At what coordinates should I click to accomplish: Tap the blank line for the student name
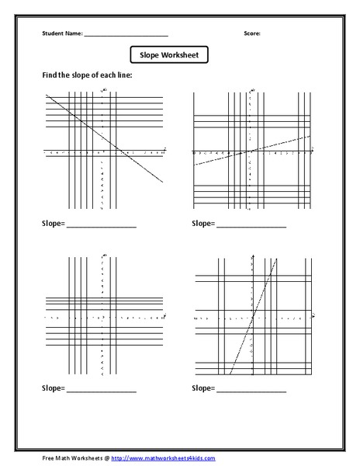[x=126, y=36]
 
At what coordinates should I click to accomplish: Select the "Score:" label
[x=252, y=34]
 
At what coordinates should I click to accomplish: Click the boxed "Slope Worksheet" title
[x=169, y=55]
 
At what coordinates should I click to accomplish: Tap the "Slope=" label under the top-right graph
[x=203, y=224]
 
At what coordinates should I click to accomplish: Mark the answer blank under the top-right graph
[x=251, y=226]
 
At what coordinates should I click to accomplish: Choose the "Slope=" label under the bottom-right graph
[x=203, y=387]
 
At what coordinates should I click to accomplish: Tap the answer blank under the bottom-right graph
[x=251, y=389]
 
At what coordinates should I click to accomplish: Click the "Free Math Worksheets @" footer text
[x=76, y=458]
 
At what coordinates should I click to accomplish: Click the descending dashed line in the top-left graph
[x=132, y=158]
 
